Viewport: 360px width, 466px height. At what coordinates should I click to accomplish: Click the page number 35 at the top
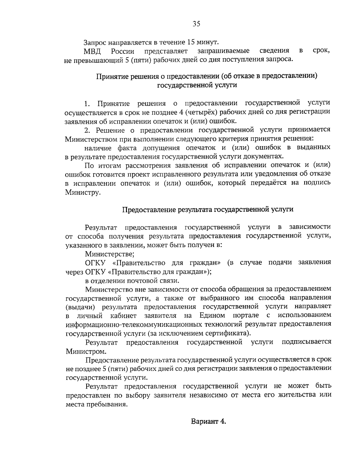(196, 24)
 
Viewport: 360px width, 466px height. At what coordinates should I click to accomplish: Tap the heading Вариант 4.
(208, 421)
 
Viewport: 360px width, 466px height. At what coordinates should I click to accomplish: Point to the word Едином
(212, 316)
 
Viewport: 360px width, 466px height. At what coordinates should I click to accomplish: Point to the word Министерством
(91, 139)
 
